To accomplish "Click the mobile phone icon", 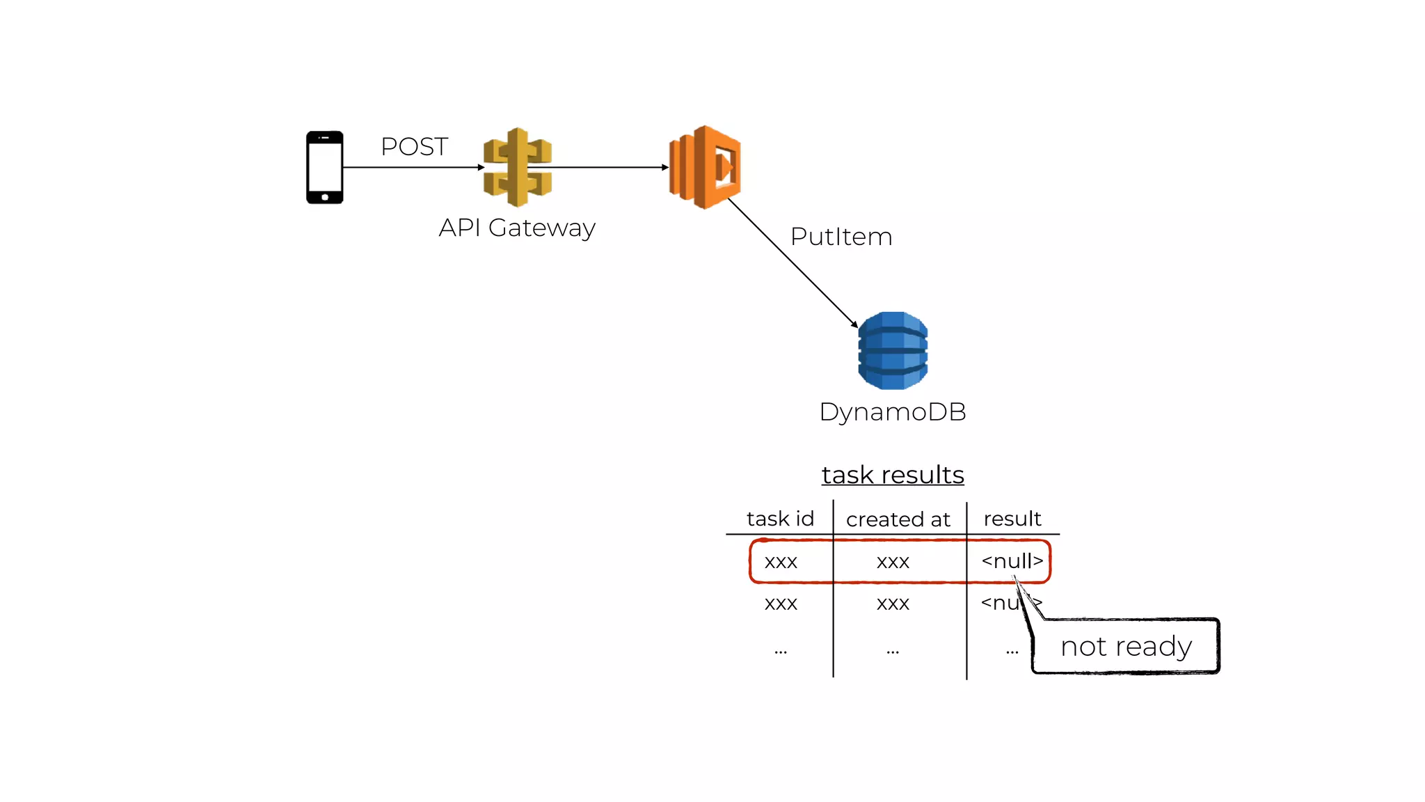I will pyautogui.click(x=325, y=167).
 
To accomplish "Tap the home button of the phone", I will pyautogui.click(x=325, y=197).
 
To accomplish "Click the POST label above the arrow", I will pyautogui.click(x=414, y=147).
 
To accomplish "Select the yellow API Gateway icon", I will pyautogui.click(x=517, y=167).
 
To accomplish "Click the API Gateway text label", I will pyautogui.click(x=517, y=228).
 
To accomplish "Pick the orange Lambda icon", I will pyautogui.click(x=705, y=167).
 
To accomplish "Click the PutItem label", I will pyautogui.click(x=841, y=237).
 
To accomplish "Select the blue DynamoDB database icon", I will pyautogui.click(x=893, y=350).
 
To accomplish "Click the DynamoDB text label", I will pyautogui.click(x=893, y=411).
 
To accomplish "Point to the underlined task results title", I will pyautogui.click(x=893, y=475).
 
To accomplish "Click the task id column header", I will pyautogui.click(x=780, y=519).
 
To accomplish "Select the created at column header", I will pyautogui.click(x=898, y=519).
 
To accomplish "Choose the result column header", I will pyautogui.click(x=1012, y=519).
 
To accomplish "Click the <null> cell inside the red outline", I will pyautogui.click(x=1012, y=561).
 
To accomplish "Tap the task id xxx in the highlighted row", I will pyautogui.click(x=781, y=562).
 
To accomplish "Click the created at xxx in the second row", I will pyautogui.click(x=893, y=604).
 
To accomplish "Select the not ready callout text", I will pyautogui.click(x=1126, y=646).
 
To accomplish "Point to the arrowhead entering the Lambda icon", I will pyautogui.click(x=664, y=167).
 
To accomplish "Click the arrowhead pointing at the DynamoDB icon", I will pyautogui.click(x=854, y=324).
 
